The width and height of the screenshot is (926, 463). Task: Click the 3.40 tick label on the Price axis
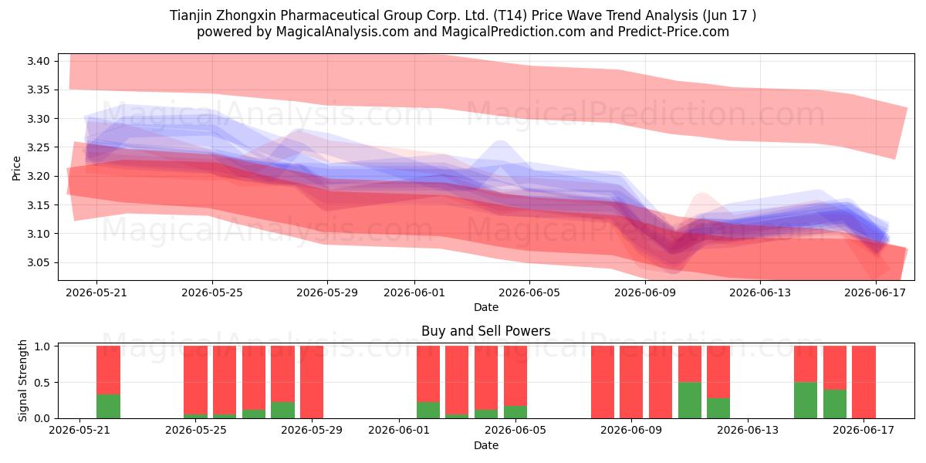[38, 61]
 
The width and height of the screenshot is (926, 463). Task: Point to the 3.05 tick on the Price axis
[38, 262]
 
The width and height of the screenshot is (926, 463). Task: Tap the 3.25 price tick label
[38, 147]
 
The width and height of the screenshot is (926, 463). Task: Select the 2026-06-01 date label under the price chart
[414, 292]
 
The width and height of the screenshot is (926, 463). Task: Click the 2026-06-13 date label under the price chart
[760, 292]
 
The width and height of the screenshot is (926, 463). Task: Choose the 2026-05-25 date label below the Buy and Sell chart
[195, 431]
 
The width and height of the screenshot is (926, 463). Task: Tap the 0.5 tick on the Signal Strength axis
[42, 383]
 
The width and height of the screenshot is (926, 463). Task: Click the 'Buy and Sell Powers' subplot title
[485, 331]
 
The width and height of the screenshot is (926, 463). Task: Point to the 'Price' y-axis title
[16, 168]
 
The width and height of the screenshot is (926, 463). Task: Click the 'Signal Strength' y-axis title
[22, 380]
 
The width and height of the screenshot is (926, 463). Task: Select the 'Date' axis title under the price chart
[486, 307]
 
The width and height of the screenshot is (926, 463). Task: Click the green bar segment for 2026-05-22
[108, 407]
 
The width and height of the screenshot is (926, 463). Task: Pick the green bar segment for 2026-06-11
[690, 400]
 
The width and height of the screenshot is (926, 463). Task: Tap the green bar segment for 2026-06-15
[806, 400]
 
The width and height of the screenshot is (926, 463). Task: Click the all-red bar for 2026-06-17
[863, 382]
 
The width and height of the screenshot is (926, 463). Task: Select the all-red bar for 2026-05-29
[312, 382]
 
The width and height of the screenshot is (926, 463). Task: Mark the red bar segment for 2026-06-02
[428, 374]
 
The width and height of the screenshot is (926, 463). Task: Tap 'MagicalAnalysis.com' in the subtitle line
[343, 32]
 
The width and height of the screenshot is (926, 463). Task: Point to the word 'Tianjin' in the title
[190, 15]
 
